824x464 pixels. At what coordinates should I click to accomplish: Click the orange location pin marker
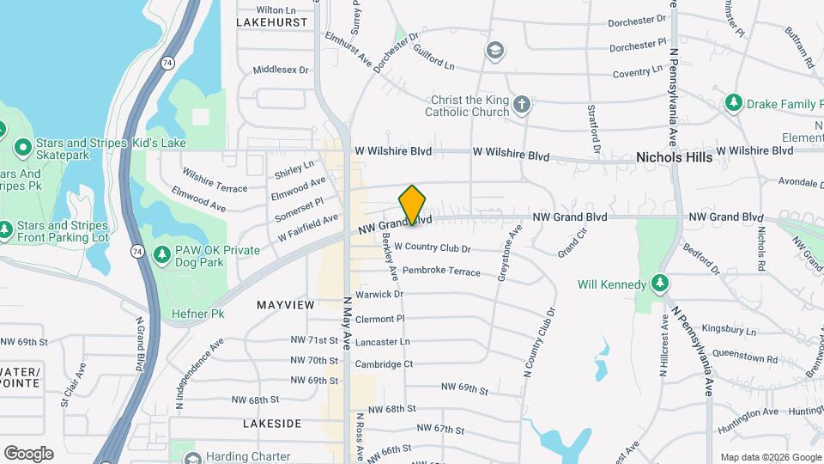coord(413,205)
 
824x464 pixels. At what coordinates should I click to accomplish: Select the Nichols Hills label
coord(674,158)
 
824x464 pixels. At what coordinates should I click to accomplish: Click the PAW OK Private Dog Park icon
coord(161,254)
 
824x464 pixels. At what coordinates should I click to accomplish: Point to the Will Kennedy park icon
coord(659,284)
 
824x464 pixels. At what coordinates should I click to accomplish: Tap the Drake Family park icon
coord(733,104)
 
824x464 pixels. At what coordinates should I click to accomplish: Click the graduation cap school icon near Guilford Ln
coord(494,50)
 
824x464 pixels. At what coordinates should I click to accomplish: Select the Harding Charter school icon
coord(192,457)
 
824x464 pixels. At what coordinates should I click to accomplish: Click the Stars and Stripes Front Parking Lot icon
coord(5,230)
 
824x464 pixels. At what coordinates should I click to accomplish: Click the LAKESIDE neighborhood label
coord(272,424)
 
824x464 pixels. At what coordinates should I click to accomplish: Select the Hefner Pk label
coord(197,314)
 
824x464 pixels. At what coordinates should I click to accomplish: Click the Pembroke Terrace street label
coord(441,271)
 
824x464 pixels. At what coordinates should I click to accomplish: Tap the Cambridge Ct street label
coord(384,364)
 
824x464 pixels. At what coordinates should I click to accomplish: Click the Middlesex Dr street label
coord(281,70)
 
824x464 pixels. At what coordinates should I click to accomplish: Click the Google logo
coord(28,454)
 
